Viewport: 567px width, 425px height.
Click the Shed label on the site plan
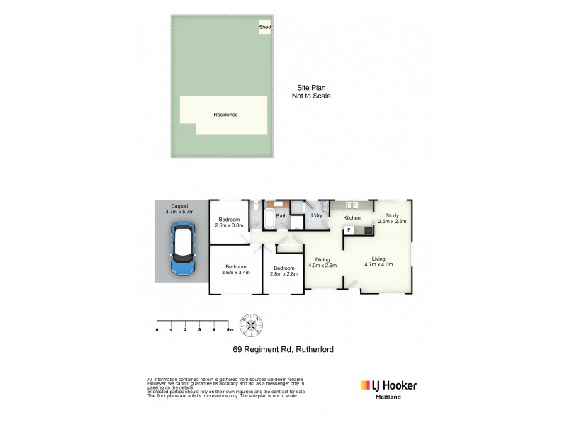pos(264,27)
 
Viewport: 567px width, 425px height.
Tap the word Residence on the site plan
pos(225,115)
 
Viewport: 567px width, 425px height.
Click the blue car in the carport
pos(183,251)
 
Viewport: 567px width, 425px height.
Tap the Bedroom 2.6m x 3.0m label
pos(229,222)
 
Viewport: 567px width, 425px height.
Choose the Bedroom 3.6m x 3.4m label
pos(235,270)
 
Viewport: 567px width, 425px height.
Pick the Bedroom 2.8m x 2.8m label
pos(283,270)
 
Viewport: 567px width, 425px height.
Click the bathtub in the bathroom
pos(270,217)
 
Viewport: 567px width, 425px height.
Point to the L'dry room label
pos(317,215)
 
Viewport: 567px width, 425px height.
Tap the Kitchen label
pos(352,217)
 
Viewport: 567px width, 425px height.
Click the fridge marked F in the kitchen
pos(349,230)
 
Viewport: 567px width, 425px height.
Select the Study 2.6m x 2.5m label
pos(391,218)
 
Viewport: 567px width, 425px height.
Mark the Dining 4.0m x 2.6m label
pos(322,262)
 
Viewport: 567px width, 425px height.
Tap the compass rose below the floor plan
pos(254,325)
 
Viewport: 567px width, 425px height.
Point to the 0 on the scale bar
pos(157,330)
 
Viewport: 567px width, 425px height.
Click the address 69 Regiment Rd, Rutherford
pos(283,349)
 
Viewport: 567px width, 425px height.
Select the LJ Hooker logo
pos(388,385)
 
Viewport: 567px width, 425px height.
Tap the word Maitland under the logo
pos(388,397)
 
